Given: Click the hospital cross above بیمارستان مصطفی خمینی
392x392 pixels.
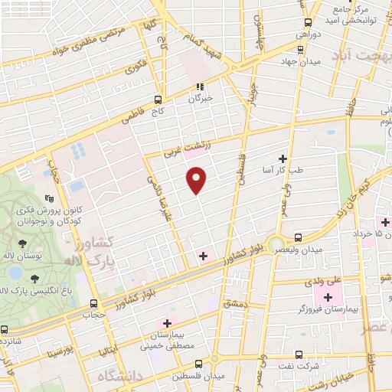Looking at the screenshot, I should tap(167, 323).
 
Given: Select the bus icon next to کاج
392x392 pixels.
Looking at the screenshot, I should tap(158, 99).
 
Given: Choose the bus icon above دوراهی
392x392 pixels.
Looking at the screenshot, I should tap(308, 22).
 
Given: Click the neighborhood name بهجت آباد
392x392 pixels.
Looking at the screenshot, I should tap(364, 56).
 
